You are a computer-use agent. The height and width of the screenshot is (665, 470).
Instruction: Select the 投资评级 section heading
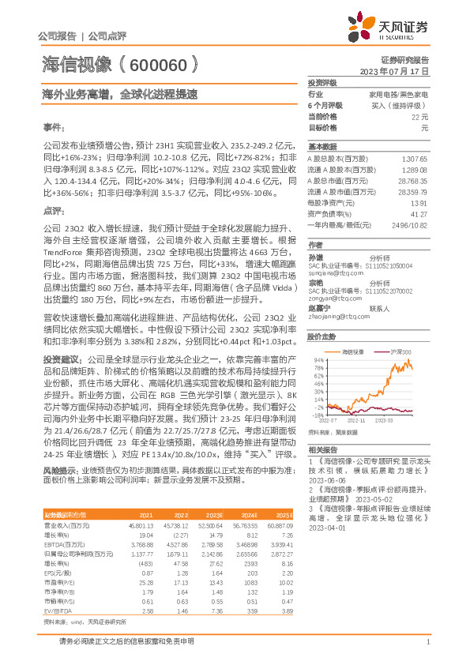[322, 82]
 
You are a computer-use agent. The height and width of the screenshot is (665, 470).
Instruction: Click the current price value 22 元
[419, 116]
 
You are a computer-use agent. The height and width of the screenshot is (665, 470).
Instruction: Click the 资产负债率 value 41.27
[419, 213]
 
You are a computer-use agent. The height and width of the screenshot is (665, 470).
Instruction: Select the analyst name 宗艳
[314, 282]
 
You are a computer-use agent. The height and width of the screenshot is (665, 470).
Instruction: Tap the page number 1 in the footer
[427, 641]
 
